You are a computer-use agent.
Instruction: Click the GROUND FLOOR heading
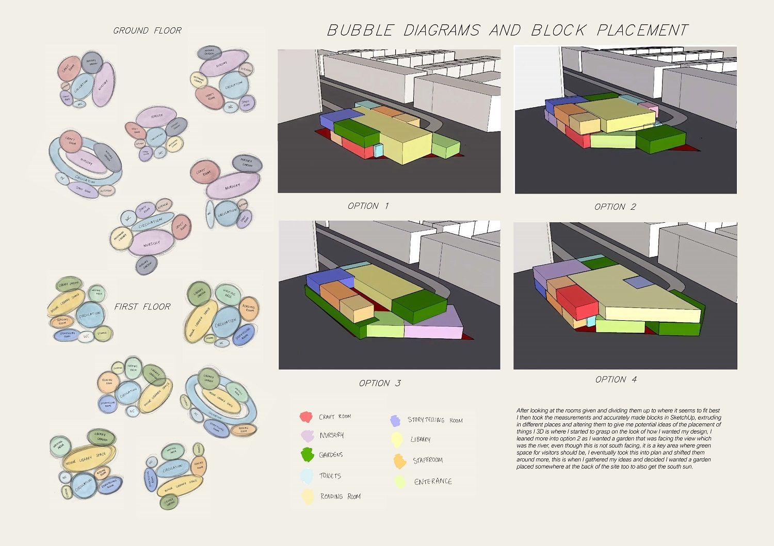tap(147, 31)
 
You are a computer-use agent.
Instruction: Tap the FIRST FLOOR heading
tap(142, 307)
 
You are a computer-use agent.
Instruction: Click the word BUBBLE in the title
tap(360, 31)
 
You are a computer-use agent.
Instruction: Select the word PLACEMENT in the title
tap(642, 31)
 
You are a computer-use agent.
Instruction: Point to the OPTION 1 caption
tap(368, 206)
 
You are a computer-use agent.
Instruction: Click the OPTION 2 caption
tap(615, 207)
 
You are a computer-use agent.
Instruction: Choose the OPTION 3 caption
tap(380, 384)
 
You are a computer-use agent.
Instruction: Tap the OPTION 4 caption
tap(616, 380)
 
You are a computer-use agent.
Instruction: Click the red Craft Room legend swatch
tap(306, 417)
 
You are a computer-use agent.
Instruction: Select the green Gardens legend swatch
tap(308, 455)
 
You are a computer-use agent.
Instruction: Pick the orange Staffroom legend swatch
tap(400, 461)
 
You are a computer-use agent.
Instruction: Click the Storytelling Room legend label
tap(434, 420)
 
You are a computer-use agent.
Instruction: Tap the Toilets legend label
tap(330, 476)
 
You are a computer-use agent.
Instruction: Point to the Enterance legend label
tap(433, 482)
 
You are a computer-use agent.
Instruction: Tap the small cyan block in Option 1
tap(378, 150)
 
